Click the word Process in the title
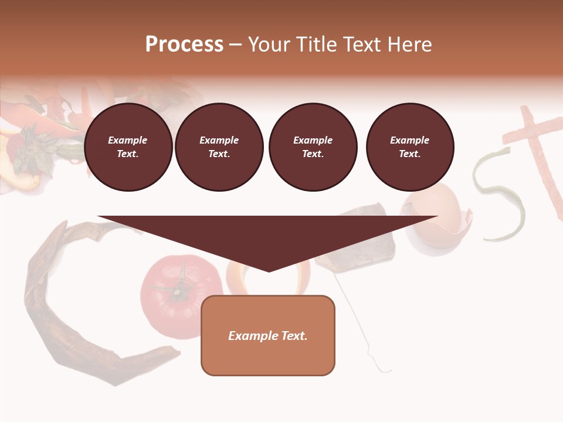(184, 45)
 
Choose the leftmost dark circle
(128, 147)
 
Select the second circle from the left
(219, 147)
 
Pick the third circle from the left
(313, 147)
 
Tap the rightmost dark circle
(409, 147)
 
